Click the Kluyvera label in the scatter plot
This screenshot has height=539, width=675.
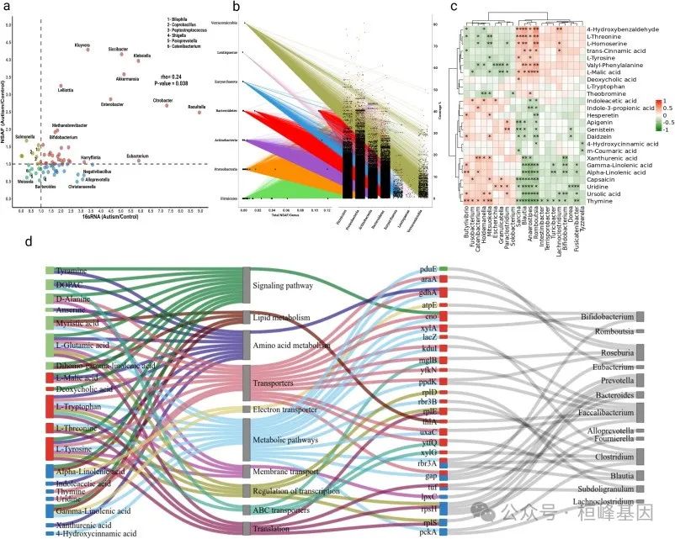[83, 45]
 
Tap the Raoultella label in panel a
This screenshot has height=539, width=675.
[196, 107]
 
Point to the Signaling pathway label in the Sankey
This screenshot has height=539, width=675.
[283, 285]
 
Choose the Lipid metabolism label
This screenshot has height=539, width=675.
[282, 317]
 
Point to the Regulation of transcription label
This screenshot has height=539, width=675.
[294, 490]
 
